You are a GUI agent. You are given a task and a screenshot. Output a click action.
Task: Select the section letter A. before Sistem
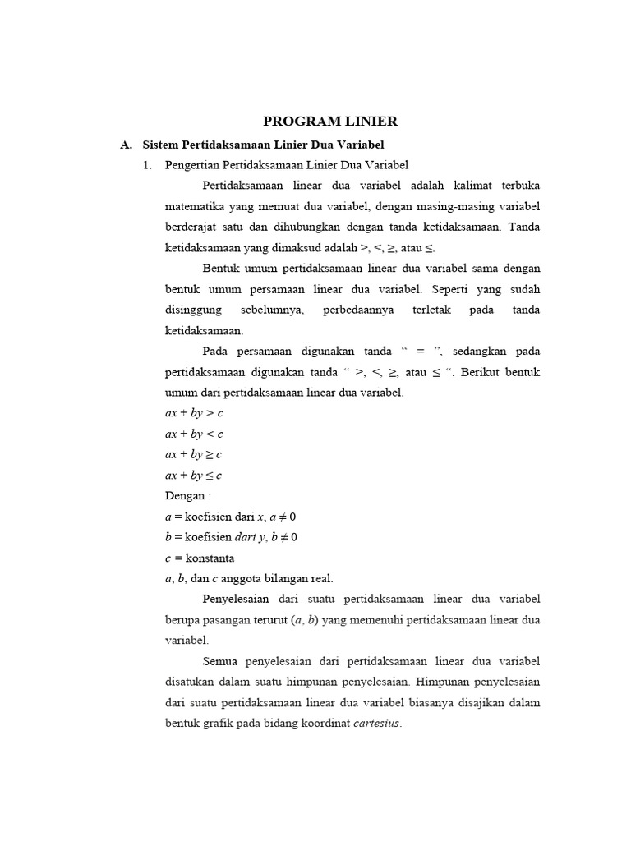click(126, 145)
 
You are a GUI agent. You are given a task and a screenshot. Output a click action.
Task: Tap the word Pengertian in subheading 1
click(190, 165)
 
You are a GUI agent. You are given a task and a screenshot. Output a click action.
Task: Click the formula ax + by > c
click(194, 413)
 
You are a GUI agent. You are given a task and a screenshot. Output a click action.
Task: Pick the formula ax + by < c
click(194, 434)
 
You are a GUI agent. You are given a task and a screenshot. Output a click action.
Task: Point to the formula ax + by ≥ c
click(194, 454)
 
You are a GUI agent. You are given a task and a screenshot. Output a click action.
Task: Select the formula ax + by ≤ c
click(194, 475)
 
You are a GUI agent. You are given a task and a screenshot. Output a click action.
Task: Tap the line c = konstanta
click(200, 558)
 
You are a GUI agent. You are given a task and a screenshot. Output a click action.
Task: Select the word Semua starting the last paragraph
click(219, 661)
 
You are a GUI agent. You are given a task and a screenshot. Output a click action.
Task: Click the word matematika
click(195, 206)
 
